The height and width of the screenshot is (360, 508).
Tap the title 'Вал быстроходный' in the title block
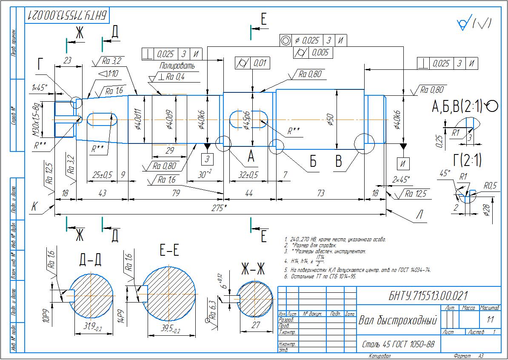click(398, 320)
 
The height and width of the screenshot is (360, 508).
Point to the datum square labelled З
click(208, 160)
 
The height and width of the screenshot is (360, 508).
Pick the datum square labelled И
click(402, 163)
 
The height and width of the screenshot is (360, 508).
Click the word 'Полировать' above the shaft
click(177, 66)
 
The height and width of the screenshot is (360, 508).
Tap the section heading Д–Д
click(90, 260)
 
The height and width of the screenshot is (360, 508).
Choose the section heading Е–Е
click(169, 251)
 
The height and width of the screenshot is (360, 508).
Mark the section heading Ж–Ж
click(254, 269)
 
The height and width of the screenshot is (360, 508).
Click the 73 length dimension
click(320, 193)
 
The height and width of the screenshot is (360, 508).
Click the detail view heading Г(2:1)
click(467, 160)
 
